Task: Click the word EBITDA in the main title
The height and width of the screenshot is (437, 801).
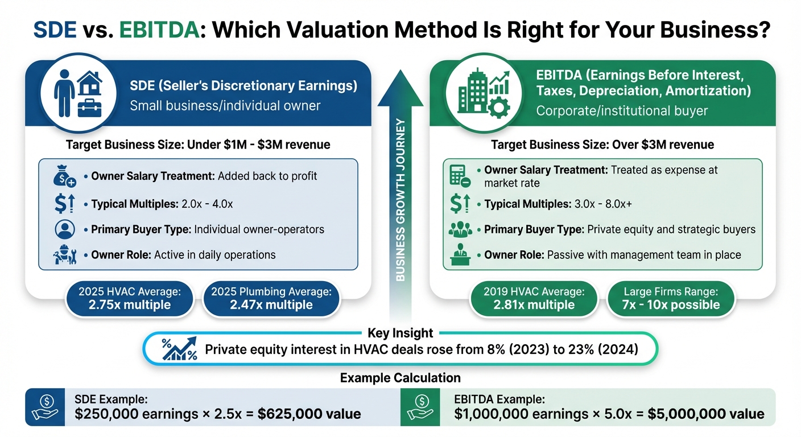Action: (162, 30)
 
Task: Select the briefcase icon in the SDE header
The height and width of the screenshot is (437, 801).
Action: (89, 106)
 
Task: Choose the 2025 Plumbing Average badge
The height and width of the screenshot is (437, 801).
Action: (271, 298)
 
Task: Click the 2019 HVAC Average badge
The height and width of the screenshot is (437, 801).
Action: (534, 298)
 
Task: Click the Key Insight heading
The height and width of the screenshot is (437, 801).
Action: (400, 333)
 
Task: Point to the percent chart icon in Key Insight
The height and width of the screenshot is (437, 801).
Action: (179, 349)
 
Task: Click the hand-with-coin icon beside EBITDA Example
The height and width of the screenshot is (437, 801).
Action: (421, 406)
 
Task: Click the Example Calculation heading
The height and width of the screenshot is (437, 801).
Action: (400, 378)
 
